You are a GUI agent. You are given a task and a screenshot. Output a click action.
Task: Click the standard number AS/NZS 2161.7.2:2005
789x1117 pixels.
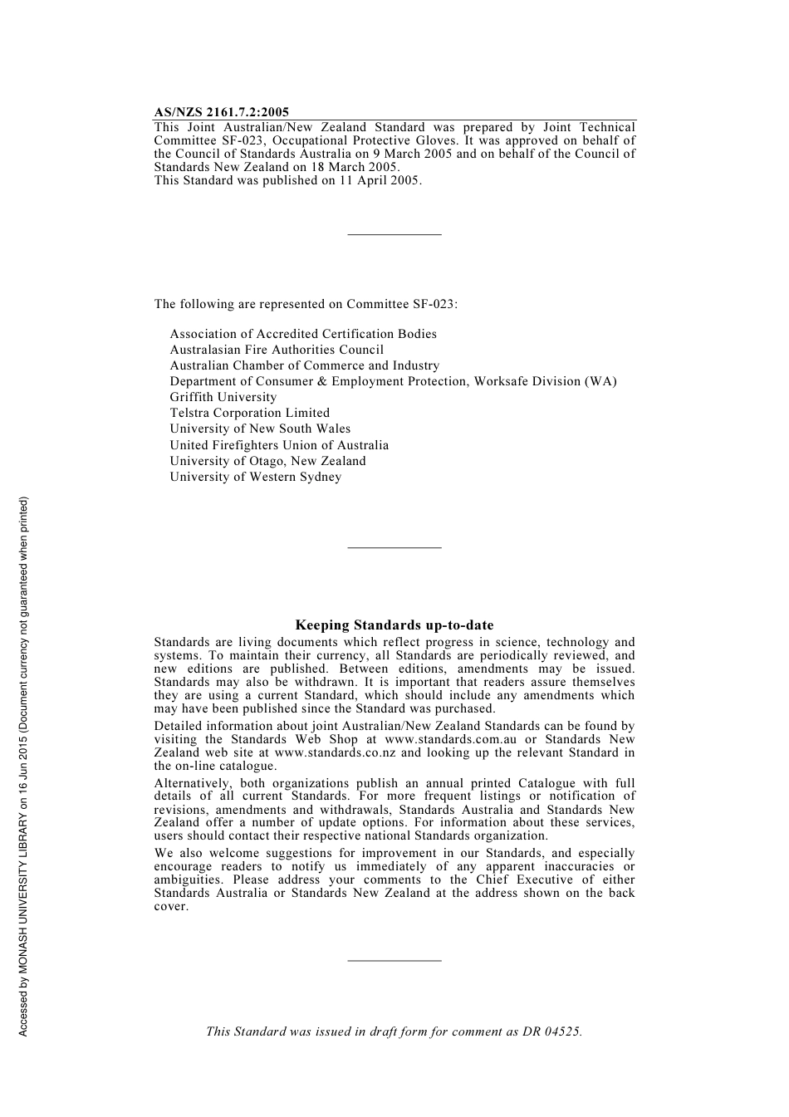221,112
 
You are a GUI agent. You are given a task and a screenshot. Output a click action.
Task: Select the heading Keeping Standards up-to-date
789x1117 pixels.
394,625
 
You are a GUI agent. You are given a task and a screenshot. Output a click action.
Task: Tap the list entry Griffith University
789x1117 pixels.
223,397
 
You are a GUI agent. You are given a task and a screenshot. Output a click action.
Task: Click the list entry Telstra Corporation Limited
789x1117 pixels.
249,413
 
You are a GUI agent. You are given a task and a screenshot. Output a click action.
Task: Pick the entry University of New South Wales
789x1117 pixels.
260,429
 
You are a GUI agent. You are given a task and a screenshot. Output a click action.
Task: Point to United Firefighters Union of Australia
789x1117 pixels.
279,445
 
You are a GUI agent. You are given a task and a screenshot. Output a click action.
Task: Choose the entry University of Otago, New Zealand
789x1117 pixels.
267,461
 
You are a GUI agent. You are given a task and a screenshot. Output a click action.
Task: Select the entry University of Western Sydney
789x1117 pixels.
255,477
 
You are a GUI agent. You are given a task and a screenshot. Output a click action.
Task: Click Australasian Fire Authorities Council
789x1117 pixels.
277,350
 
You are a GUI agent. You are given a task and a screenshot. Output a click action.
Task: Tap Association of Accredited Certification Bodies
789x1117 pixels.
302,334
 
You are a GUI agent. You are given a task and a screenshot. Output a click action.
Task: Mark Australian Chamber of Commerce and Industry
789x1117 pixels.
304,365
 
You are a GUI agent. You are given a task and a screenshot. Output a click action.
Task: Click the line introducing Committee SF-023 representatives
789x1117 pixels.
306,304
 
